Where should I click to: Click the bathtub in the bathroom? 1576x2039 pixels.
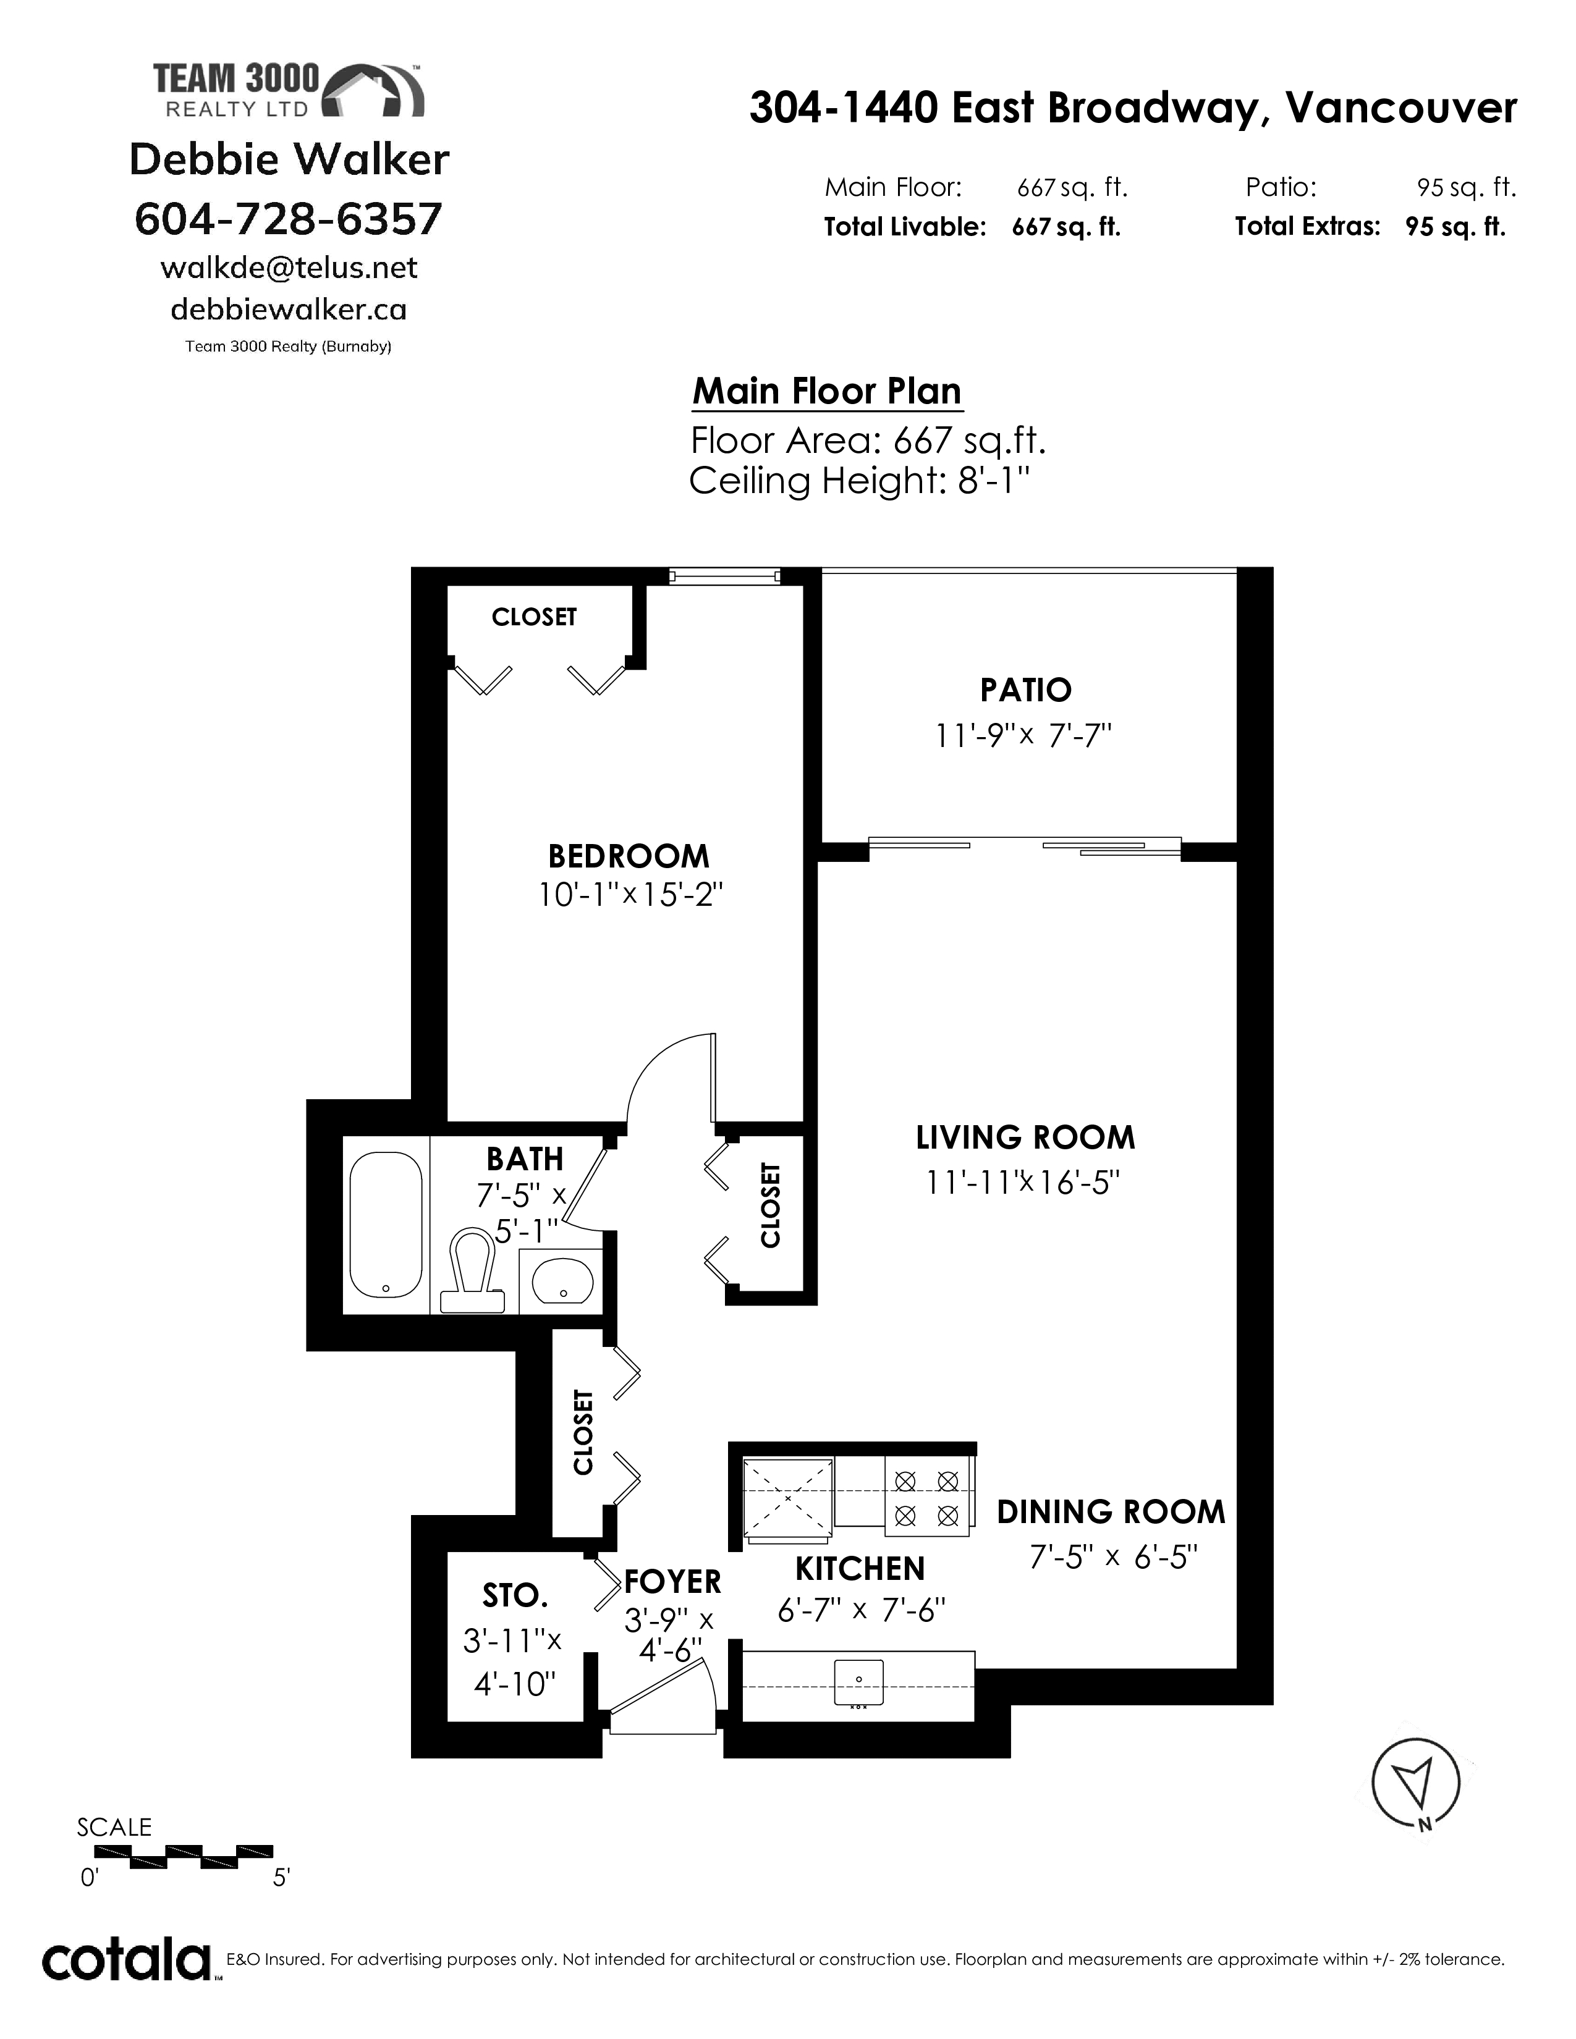386,1225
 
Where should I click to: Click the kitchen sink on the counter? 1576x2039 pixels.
858,1682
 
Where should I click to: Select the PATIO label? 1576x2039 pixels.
1025,690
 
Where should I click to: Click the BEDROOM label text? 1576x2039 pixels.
629,856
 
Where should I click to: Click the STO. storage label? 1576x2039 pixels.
514,1595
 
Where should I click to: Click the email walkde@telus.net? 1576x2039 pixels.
289,268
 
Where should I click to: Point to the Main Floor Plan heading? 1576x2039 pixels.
826,391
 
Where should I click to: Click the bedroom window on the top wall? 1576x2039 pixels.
724,576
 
